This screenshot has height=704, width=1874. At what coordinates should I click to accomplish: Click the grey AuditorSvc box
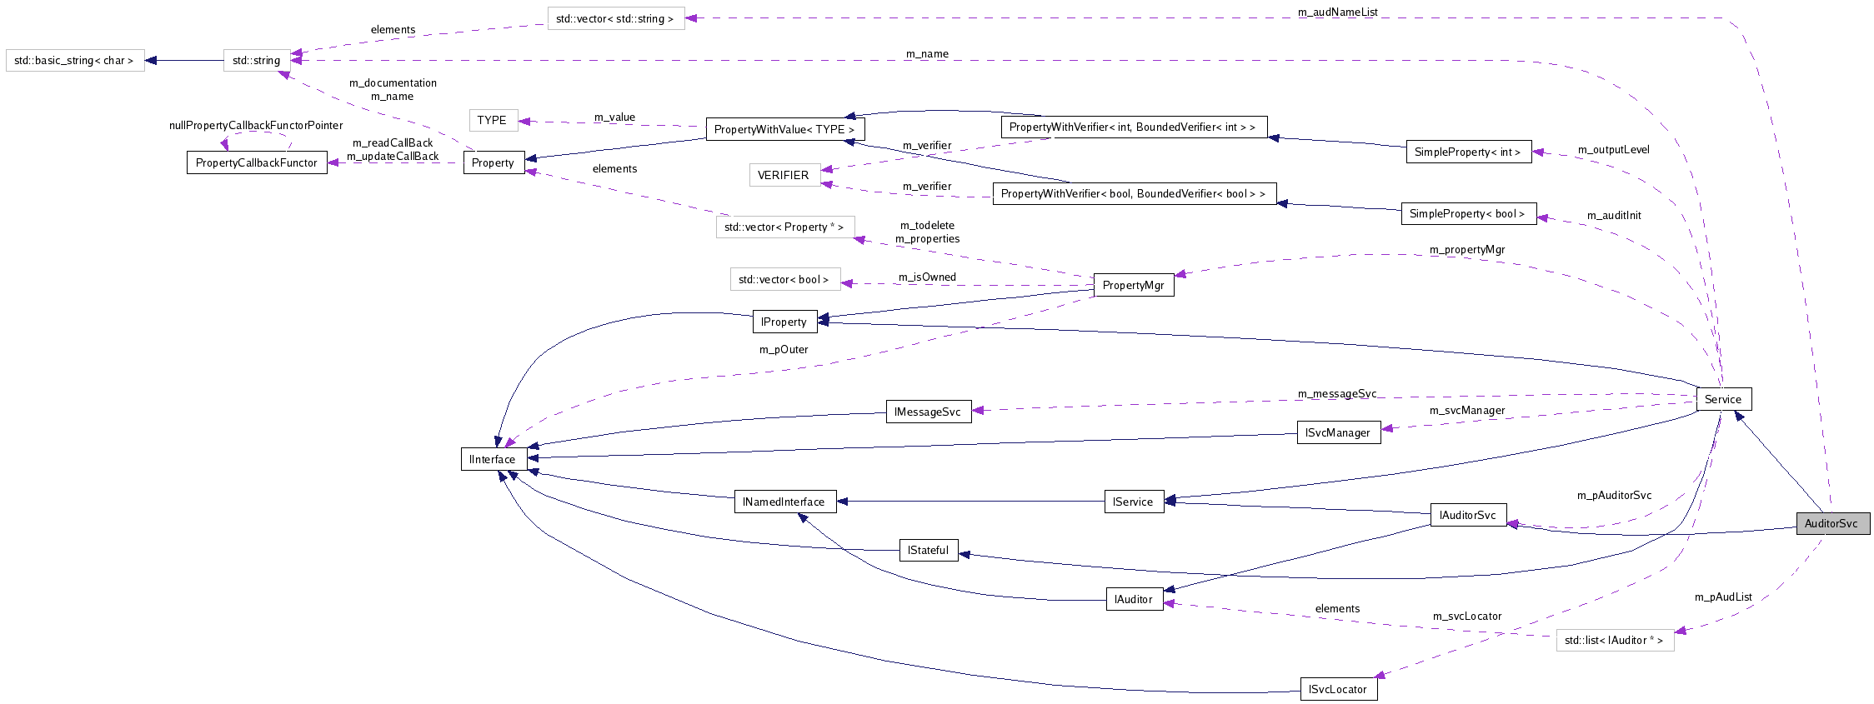[x=1831, y=524]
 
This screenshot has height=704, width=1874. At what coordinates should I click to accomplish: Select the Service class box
[x=1722, y=399]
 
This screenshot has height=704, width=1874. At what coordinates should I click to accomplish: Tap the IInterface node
[x=493, y=459]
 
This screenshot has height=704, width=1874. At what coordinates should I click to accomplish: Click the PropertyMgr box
[x=1133, y=285]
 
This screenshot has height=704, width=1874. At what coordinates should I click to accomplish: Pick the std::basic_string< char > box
[x=74, y=61]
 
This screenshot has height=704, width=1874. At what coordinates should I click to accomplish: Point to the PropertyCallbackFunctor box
[x=256, y=162]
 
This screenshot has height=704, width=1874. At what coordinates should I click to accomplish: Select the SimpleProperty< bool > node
[x=1467, y=214]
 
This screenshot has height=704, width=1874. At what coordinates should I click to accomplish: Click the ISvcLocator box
[x=1337, y=690]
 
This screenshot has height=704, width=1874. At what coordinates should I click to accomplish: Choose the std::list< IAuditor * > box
[x=1614, y=641]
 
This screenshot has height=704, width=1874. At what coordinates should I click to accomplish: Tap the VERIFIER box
[x=783, y=175]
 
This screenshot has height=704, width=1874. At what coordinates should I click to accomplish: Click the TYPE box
[x=492, y=120]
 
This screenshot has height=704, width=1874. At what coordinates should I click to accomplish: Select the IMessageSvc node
[x=927, y=412]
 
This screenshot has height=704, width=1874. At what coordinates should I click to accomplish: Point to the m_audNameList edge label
[x=1337, y=12]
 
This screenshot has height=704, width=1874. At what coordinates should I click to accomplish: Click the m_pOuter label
[x=783, y=350]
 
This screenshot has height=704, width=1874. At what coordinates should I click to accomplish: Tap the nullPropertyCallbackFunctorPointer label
[x=255, y=126]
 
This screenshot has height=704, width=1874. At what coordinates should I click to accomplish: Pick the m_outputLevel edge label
[x=1613, y=150]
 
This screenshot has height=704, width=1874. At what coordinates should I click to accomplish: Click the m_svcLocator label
[x=1466, y=617]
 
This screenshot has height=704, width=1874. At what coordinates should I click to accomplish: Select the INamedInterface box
[x=784, y=502]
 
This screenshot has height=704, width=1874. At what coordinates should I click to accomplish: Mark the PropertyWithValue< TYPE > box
[x=784, y=129]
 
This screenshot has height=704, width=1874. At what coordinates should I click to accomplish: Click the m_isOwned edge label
[x=927, y=277]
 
